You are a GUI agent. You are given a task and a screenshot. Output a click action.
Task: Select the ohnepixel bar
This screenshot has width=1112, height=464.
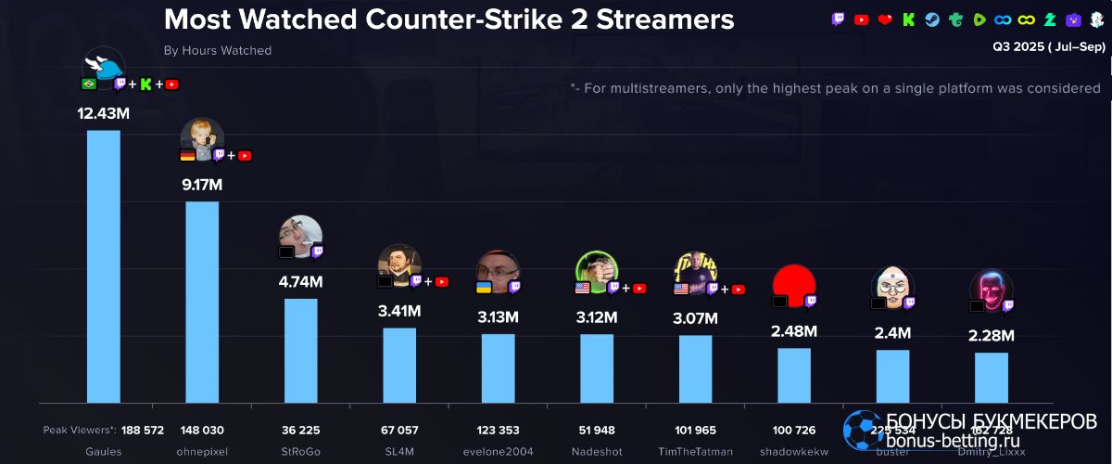point(202,302)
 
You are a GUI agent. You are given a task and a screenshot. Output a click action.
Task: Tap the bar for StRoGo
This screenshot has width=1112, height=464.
point(300,350)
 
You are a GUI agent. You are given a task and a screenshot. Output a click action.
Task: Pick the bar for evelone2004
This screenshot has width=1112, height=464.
point(498,367)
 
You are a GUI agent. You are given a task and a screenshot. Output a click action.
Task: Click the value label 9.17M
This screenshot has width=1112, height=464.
point(202,185)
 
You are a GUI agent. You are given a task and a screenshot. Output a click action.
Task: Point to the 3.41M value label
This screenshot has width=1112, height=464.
point(399,312)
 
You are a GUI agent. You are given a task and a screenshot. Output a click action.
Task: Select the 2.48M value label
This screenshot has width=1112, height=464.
point(794,330)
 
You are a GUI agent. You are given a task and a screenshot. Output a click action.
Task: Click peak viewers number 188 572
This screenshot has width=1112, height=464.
point(142,431)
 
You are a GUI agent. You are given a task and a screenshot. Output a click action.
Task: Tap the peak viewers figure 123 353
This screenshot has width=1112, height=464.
point(498,431)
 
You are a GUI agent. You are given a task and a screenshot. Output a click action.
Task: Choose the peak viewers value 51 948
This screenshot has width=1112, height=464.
point(597,431)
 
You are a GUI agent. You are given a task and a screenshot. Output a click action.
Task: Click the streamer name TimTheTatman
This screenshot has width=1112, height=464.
point(695,452)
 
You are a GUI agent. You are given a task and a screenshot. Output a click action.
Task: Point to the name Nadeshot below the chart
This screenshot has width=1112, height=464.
point(597,452)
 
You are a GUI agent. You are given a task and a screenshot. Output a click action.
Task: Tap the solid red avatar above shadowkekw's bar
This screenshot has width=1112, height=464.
point(793,282)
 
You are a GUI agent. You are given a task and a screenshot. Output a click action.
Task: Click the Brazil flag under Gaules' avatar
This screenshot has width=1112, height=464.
point(90,84)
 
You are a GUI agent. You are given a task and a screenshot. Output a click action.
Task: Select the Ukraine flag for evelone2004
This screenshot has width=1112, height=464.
point(484,288)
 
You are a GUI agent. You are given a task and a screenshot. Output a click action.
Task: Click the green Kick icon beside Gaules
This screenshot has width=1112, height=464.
point(145,84)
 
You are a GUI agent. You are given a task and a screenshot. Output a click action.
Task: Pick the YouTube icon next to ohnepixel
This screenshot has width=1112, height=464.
point(245,155)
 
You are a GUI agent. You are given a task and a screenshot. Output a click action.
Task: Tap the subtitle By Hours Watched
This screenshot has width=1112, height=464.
point(218,51)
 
